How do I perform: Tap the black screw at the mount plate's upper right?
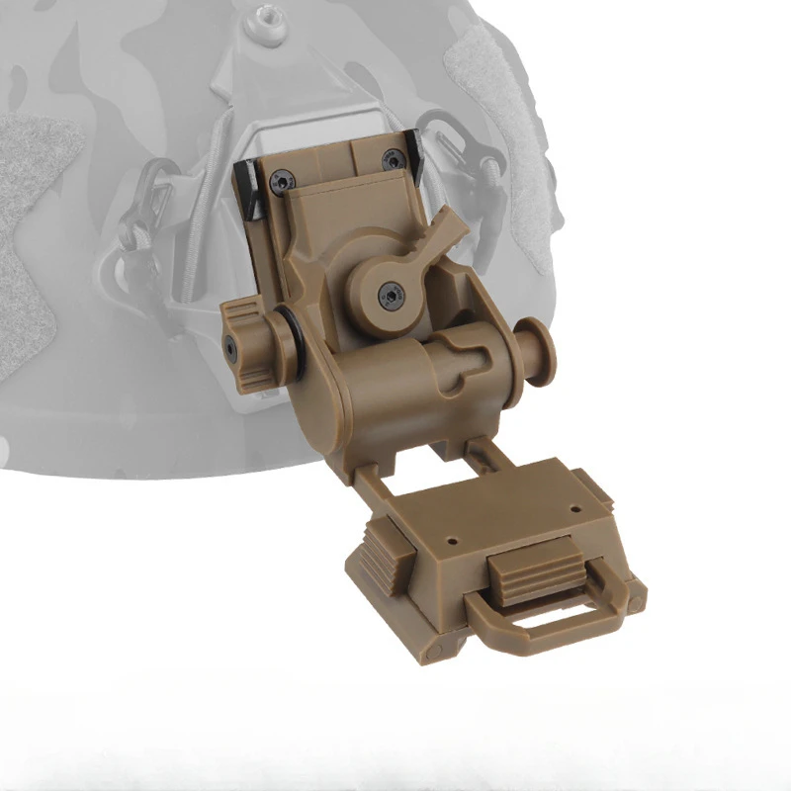point(393,158)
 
